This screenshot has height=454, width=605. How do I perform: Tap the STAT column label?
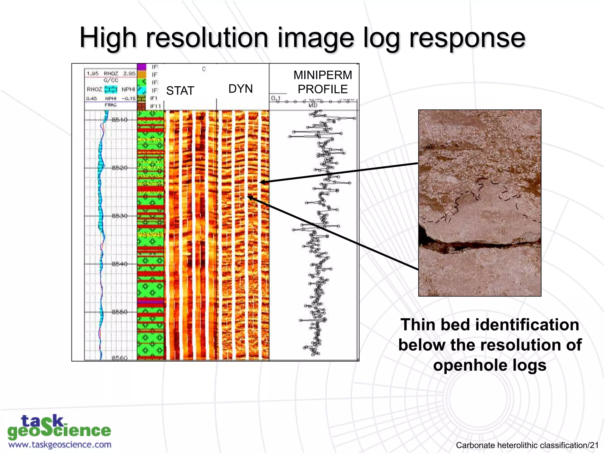[180, 90]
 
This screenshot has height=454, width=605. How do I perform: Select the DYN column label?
[240, 89]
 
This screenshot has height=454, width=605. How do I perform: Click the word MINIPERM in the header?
[323, 75]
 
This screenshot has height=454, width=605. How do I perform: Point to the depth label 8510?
[120, 120]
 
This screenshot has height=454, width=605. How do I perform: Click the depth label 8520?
[120, 168]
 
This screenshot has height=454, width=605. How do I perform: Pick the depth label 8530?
[120, 216]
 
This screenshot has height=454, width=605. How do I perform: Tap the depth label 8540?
[120, 264]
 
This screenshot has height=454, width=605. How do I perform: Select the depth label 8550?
[120, 312]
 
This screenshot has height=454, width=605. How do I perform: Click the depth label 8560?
[120, 358]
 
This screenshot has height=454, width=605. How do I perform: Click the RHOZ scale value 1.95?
[93, 73]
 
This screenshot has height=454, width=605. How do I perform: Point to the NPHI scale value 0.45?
[92, 98]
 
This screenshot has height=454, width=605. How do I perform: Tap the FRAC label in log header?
[110, 105]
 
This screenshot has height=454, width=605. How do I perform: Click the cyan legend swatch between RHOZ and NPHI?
[111, 89]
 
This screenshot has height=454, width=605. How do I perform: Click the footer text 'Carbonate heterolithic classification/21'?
[527, 445]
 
